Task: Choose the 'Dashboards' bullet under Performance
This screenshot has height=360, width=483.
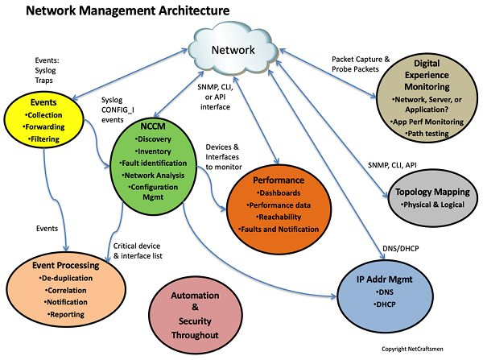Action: pyautogui.click(x=278, y=193)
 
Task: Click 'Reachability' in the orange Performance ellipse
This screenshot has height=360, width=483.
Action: pyautogui.click(x=279, y=217)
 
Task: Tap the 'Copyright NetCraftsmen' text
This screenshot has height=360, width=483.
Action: pyautogui.click(x=429, y=350)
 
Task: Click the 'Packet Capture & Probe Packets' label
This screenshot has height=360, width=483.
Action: pyautogui.click(x=361, y=65)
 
